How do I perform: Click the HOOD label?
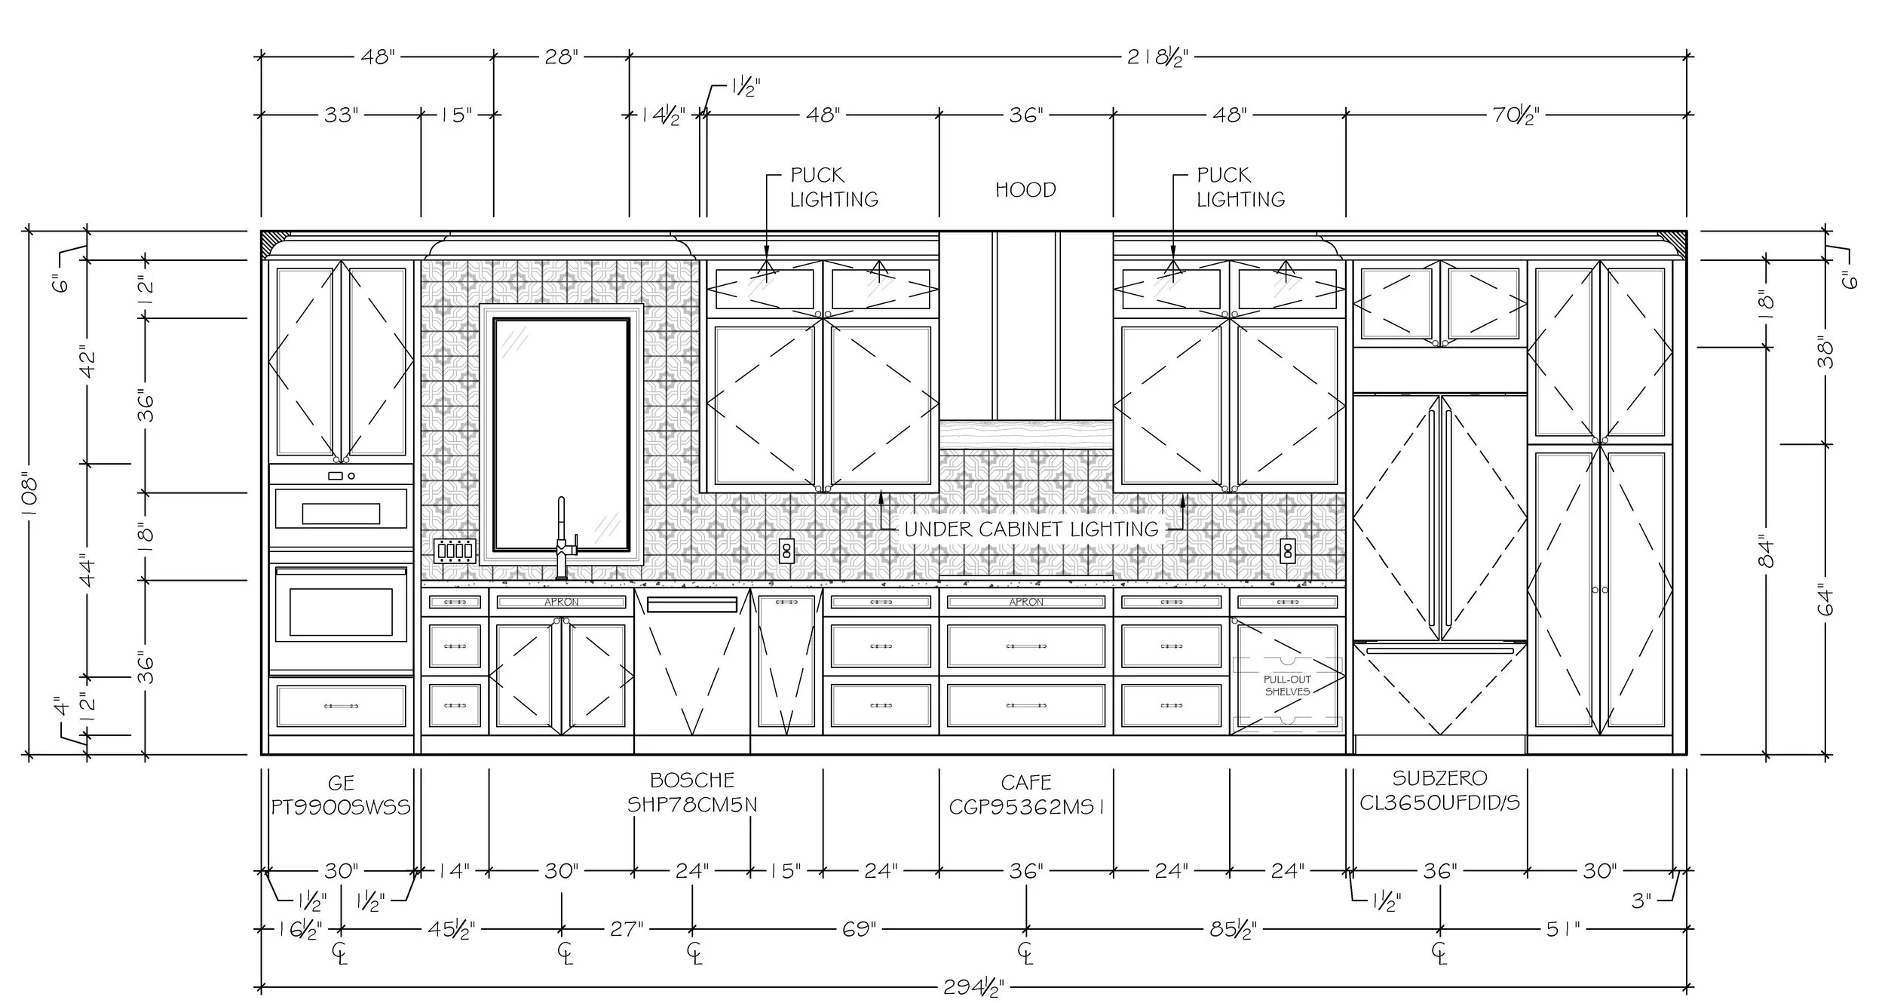[1025, 190]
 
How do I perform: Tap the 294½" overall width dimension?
[973, 988]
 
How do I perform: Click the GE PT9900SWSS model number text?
[341, 807]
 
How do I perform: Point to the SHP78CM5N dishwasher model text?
[692, 805]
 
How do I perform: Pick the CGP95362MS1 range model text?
[1026, 807]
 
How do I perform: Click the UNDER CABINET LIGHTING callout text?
[1031, 529]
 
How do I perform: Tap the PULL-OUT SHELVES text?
[1287, 685]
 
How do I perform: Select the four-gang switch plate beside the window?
[455, 551]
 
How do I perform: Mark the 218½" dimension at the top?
[1157, 57]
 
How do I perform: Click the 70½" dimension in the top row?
[1516, 115]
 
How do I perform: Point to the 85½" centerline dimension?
[1233, 930]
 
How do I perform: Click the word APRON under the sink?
[561, 602]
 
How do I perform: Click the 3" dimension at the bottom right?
[1641, 900]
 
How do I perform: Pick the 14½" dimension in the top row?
[664, 115]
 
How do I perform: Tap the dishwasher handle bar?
[692, 604]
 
